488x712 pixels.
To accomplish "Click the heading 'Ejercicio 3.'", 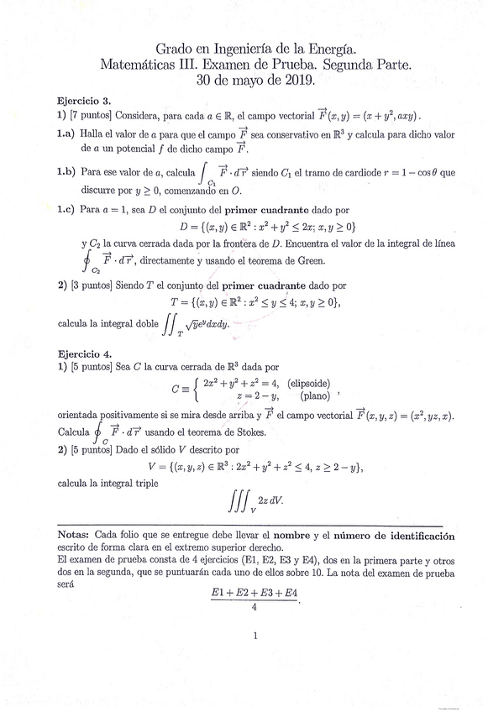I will coord(85,98).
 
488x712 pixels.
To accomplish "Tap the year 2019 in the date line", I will coord(297,81).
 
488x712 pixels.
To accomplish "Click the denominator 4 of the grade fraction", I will coord(253,609).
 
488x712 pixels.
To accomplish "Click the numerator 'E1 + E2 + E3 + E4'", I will coord(254,594).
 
